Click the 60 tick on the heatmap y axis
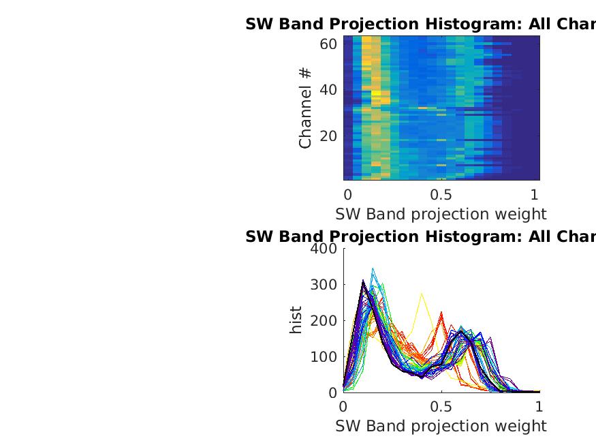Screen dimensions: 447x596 coord(328,44)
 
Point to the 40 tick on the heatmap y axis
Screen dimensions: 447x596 coord(328,91)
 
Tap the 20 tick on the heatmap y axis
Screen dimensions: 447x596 coord(328,136)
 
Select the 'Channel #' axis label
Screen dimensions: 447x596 coord(305,108)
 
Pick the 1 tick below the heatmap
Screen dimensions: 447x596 coord(535,194)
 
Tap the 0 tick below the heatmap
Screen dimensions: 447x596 coord(348,194)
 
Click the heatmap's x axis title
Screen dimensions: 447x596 coord(441,214)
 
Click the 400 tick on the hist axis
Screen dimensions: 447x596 coord(324,249)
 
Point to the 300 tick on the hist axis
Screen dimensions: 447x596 coord(324,285)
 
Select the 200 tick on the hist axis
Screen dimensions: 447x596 coord(324,321)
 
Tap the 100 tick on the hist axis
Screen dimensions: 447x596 coord(324,357)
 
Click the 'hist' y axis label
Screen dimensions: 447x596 coord(296,320)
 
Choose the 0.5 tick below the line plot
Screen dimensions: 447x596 coord(441,406)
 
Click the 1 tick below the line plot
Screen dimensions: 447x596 coord(539,406)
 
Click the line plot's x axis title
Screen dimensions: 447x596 coord(441,426)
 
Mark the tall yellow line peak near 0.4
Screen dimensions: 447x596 coord(422,294)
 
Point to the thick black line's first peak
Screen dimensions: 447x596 coord(364,281)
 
